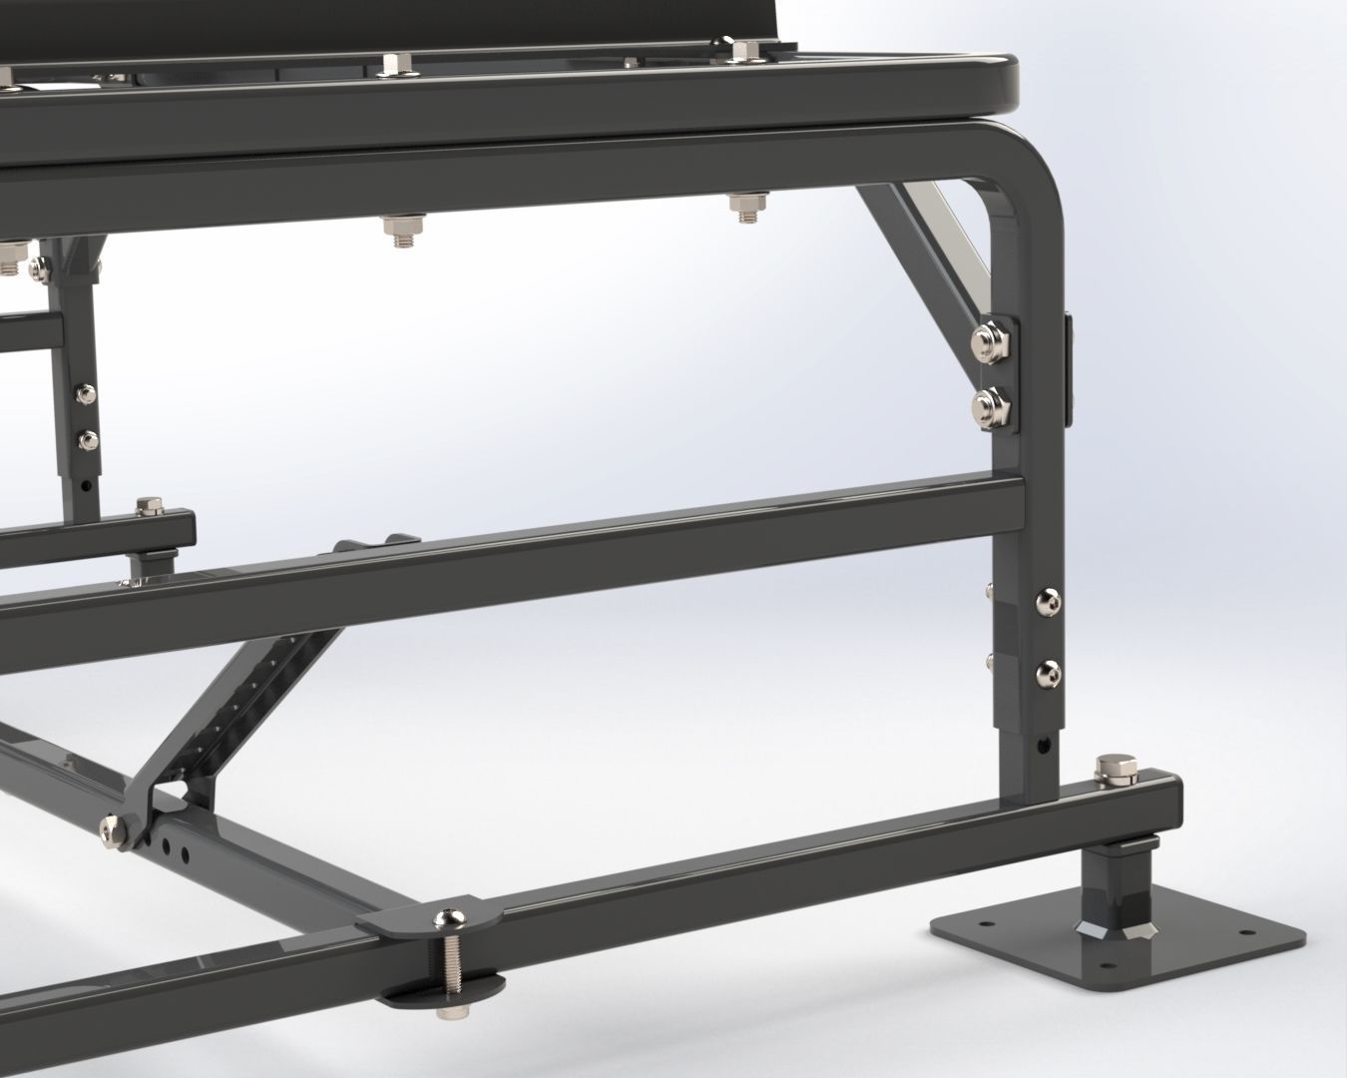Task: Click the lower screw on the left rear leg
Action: pos(88,438)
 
